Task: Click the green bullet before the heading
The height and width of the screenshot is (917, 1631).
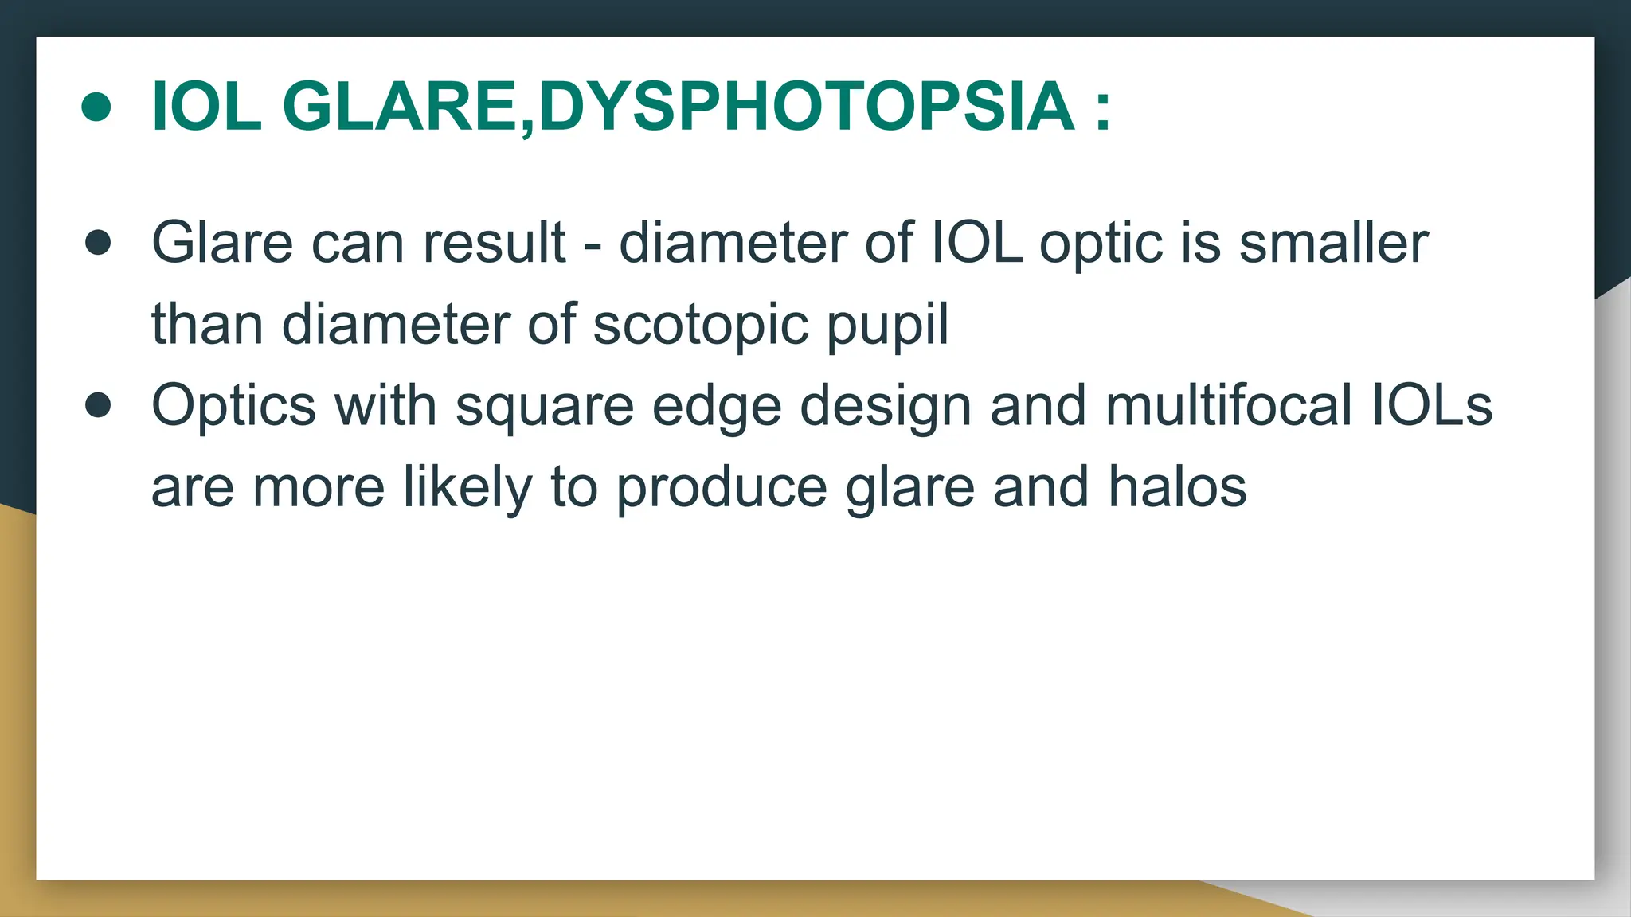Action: [x=96, y=107]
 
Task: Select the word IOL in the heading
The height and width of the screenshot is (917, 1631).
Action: [x=206, y=107]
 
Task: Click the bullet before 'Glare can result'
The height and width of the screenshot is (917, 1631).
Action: [x=98, y=243]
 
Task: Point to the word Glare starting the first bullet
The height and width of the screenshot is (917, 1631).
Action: [x=222, y=243]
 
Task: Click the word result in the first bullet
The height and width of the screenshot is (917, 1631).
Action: [x=494, y=243]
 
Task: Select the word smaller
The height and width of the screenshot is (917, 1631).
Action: [x=1333, y=243]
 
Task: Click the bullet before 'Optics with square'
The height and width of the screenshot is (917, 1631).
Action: [x=98, y=405]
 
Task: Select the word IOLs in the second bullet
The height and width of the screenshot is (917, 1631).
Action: [x=1431, y=405]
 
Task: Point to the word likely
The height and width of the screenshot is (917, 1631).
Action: [x=467, y=488]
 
